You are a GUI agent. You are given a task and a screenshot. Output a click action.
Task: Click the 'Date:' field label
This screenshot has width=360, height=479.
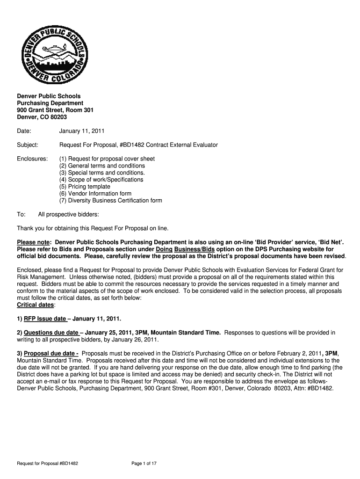24,131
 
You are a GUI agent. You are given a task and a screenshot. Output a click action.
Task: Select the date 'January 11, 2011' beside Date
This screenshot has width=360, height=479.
81,131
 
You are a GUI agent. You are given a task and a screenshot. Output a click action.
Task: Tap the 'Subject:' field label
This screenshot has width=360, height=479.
28,145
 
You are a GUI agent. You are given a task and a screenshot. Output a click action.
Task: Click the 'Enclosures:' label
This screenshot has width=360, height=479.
32,159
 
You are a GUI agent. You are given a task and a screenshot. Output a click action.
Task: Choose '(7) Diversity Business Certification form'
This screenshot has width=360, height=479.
110,201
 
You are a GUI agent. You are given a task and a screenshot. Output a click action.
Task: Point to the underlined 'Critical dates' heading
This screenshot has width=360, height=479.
36,305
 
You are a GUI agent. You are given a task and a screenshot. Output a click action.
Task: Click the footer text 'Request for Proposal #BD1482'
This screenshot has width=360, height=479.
47,464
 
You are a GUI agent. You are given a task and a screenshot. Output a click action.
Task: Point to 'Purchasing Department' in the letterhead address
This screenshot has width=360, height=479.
50,103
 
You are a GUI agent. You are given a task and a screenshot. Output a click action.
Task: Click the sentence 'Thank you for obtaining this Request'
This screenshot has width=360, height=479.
92,228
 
